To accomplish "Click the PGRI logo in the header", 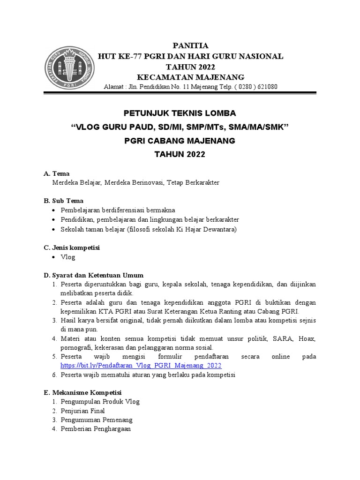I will (x=69, y=65).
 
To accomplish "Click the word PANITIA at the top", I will (x=190, y=45).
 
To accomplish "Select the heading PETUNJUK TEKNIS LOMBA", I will (x=180, y=113).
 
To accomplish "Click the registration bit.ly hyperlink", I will (x=141, y=365).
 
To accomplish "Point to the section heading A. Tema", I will (x=57, y=173).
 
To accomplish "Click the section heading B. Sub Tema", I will (x=64, y=201).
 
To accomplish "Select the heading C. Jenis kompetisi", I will (x=72, y=247).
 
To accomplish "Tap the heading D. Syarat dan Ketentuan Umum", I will (x=94, y=275).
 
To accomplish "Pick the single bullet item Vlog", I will (x=68, y=257).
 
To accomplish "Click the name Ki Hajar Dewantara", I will (x=210, y=229).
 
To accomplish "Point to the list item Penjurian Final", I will (x=82, y=411).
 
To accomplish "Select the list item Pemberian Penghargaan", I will (x=96, y=429).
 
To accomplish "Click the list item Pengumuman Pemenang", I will (x=97, y=420).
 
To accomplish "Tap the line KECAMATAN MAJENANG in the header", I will (x=190, y=77).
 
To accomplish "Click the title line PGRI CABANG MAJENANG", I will (x=180, y=141).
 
